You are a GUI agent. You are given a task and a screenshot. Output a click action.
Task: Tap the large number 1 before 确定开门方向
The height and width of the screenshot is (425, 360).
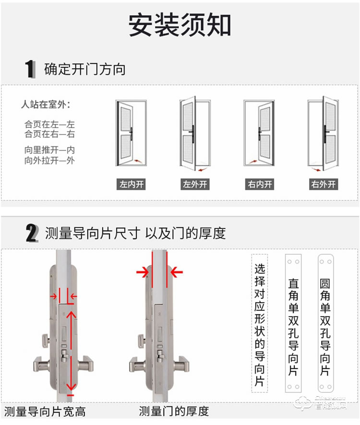[x=30, y=69]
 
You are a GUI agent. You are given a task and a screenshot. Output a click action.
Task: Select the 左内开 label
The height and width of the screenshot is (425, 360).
[x=131, y=184]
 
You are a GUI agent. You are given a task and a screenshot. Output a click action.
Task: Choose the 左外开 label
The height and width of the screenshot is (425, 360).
[x=195, y=184]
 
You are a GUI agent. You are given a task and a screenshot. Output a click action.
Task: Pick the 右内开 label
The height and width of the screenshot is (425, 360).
[x=260, y=184]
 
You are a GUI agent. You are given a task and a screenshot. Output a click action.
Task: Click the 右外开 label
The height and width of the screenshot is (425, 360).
[x=324, y=184]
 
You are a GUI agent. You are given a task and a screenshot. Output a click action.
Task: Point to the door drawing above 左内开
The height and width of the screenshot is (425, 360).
[x=131, y=134]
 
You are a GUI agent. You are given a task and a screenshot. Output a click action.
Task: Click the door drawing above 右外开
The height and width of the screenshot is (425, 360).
[x=324, y=134]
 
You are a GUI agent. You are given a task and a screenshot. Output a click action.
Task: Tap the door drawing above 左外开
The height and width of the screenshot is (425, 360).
[x=195, y=134]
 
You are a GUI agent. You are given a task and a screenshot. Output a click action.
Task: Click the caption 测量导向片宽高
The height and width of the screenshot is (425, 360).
[x=45, y=411]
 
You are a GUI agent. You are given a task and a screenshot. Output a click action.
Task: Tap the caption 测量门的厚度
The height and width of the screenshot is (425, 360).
[x=174, y=411]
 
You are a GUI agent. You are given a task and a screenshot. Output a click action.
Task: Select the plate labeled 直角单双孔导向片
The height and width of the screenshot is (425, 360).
[x=293, y=323]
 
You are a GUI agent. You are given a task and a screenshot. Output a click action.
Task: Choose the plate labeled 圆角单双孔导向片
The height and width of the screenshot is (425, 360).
[x=325, y=323]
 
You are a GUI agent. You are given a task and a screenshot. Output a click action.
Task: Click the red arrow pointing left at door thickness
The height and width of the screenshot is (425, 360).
[x=177, y=273]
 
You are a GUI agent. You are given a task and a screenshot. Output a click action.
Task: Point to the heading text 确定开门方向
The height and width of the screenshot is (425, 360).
[x=84, y=69]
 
